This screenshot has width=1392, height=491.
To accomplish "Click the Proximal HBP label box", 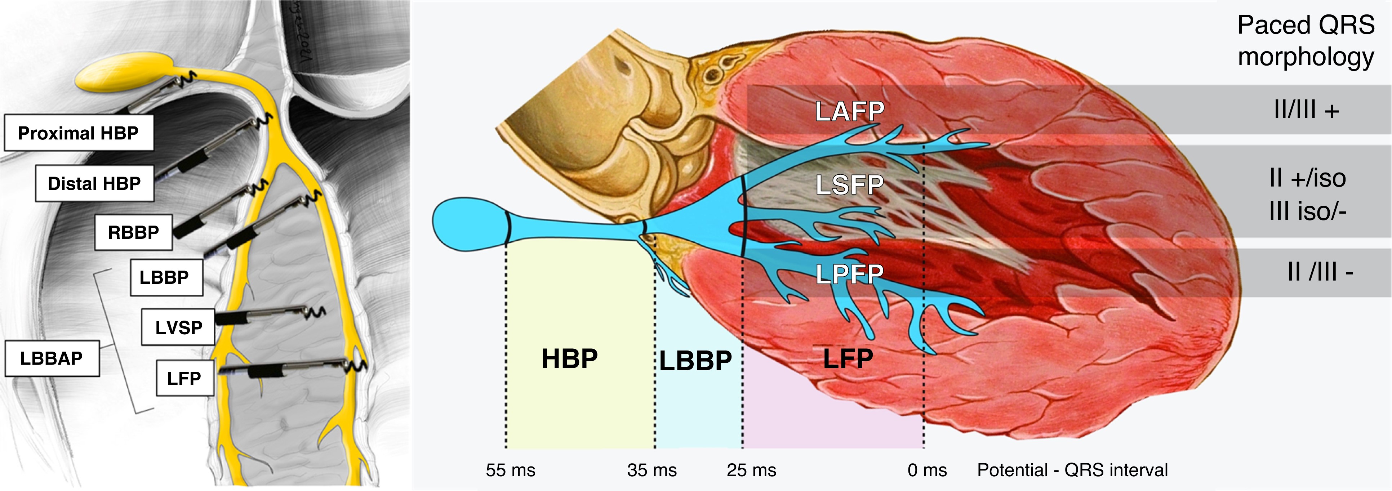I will (x=78, y=132).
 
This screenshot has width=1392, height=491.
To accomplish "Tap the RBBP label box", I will (x=133, y=232).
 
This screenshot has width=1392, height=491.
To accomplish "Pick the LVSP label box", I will (x=178, y=327).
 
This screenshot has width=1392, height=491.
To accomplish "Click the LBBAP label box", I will (x=52, y=358).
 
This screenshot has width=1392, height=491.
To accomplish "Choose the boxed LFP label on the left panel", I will (x=184, y=378).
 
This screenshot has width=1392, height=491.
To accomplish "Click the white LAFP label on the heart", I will (x=849, y=111).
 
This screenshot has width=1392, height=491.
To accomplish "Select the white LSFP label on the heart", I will (x=849, y=185).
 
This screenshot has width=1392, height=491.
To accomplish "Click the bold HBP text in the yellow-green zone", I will (x=570, y=359).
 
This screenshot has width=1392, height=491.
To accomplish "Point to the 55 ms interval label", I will (x=510, y=470).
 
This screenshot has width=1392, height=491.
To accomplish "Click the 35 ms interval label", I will (x=652, y=470).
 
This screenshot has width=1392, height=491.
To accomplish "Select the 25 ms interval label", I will (x=751, y=470).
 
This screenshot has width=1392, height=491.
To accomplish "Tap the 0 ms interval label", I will (x=927, y=470).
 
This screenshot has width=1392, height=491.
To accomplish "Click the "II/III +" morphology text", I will (x=1307, y=110).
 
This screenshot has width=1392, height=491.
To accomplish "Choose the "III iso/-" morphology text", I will (x=1308, y=211).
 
